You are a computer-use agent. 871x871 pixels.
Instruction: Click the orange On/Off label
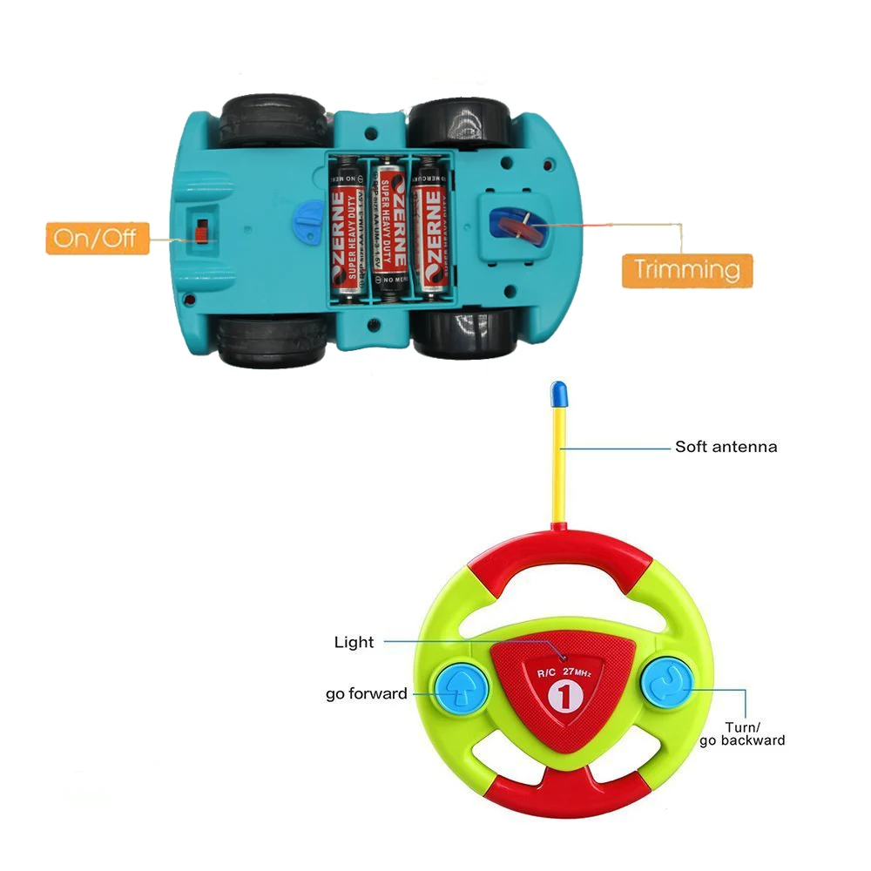tap(97, 238)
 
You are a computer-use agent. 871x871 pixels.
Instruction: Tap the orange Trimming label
tap(686, 269)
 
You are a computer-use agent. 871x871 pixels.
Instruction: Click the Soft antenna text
tap(726, 447)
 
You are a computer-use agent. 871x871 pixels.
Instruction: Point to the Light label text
tap(354, 643)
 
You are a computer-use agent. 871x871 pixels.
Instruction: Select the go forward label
tap(366, 694)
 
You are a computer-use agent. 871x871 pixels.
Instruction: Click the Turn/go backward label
tap(742, 733)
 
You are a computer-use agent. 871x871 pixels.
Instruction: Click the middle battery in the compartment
tap(389, 227)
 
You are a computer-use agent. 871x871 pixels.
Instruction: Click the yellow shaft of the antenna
tap(557, 470)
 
